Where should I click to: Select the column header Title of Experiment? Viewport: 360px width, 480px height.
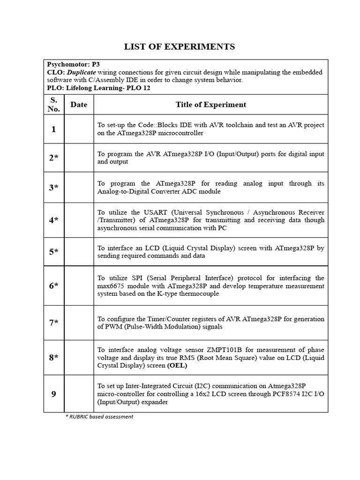point(210,105)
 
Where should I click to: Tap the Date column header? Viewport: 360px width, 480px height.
point(79,105)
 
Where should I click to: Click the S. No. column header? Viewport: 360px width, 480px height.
point(54,105)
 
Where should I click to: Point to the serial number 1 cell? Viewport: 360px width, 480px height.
point(54,129)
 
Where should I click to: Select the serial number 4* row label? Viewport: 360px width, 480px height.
point(54,220)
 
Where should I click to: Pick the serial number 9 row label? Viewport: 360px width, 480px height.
point(54,394)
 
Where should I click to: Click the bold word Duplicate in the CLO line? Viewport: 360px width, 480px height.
point(82,72)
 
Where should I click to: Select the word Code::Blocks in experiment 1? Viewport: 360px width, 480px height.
point(158,125)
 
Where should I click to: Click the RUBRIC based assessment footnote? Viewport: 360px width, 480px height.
point(99,416)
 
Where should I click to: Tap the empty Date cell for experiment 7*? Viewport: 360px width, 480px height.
point(79,323)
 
